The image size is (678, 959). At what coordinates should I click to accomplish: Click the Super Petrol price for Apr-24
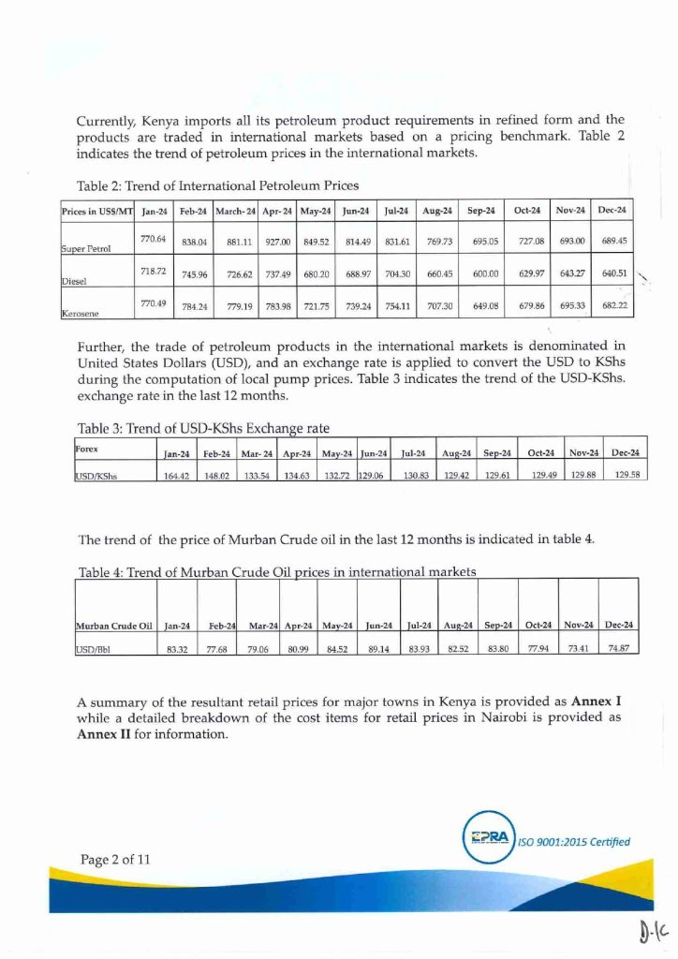278,241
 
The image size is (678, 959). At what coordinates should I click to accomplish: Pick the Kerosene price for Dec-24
614,307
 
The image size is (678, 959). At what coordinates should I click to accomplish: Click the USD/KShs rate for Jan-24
177,476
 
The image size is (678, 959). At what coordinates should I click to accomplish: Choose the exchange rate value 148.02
217,476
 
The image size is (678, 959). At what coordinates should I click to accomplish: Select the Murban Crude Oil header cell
113,625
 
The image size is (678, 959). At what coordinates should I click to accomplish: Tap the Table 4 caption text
277,571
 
